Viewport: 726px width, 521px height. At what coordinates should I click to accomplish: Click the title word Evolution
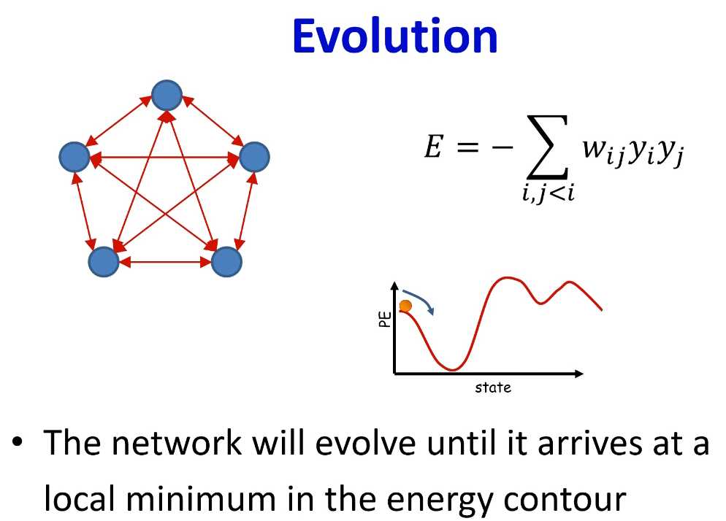pos(395,36)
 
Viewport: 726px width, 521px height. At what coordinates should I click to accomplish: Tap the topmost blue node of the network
pos(167,96)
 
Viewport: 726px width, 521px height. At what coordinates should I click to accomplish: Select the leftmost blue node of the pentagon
pos(74,157)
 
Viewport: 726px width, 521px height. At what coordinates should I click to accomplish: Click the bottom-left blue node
pos(104,261)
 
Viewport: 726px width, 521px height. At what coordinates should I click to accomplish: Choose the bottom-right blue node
pos(226,261)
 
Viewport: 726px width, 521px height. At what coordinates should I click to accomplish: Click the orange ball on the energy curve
pos(405,306)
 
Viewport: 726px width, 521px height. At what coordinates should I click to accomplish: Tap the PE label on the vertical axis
pos(385,320)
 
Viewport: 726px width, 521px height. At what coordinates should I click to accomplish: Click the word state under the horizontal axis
pos(493,387)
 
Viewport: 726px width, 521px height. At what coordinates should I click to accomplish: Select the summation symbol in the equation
pos(547,147)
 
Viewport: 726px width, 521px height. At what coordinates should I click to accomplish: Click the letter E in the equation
pos(434,147)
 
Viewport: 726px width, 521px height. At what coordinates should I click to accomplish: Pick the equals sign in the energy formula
pos(467,147)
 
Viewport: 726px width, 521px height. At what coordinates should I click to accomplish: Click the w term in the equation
pos(601,151)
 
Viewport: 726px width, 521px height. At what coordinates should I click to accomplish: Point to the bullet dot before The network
pos(18,442)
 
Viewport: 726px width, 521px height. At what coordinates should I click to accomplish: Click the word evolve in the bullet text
pos(365,443)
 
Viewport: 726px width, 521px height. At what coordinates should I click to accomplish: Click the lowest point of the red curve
pos(452,370)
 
